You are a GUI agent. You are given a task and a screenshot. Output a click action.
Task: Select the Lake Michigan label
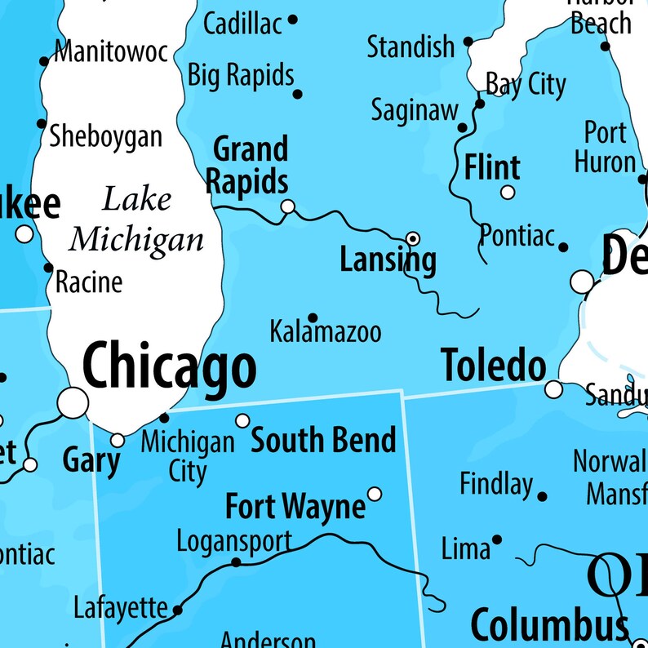point(136,220)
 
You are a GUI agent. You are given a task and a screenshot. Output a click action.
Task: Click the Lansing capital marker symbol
point(414,238)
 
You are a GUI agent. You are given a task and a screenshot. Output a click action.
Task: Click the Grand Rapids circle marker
point(287,206)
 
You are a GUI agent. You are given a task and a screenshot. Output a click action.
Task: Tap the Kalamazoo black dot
point(312,318)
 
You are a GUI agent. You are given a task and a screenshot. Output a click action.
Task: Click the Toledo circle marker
point(554,388)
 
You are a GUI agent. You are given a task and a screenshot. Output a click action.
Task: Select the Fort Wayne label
point(295,507)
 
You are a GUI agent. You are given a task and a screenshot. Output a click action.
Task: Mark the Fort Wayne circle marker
point(375,494)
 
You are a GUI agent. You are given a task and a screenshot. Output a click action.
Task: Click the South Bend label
point(323,441)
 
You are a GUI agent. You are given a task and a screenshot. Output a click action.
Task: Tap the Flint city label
point(492,167)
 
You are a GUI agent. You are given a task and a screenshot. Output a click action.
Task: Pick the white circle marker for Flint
point(508,193)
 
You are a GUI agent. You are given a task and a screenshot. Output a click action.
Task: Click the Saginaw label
point(415,111)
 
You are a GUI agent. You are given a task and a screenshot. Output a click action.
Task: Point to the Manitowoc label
point(110,53)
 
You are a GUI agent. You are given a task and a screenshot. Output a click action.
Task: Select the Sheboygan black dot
point(41,124)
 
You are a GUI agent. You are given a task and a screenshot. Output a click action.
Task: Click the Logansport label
point(233,541)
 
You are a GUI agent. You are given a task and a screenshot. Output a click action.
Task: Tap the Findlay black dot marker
point(542,495)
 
